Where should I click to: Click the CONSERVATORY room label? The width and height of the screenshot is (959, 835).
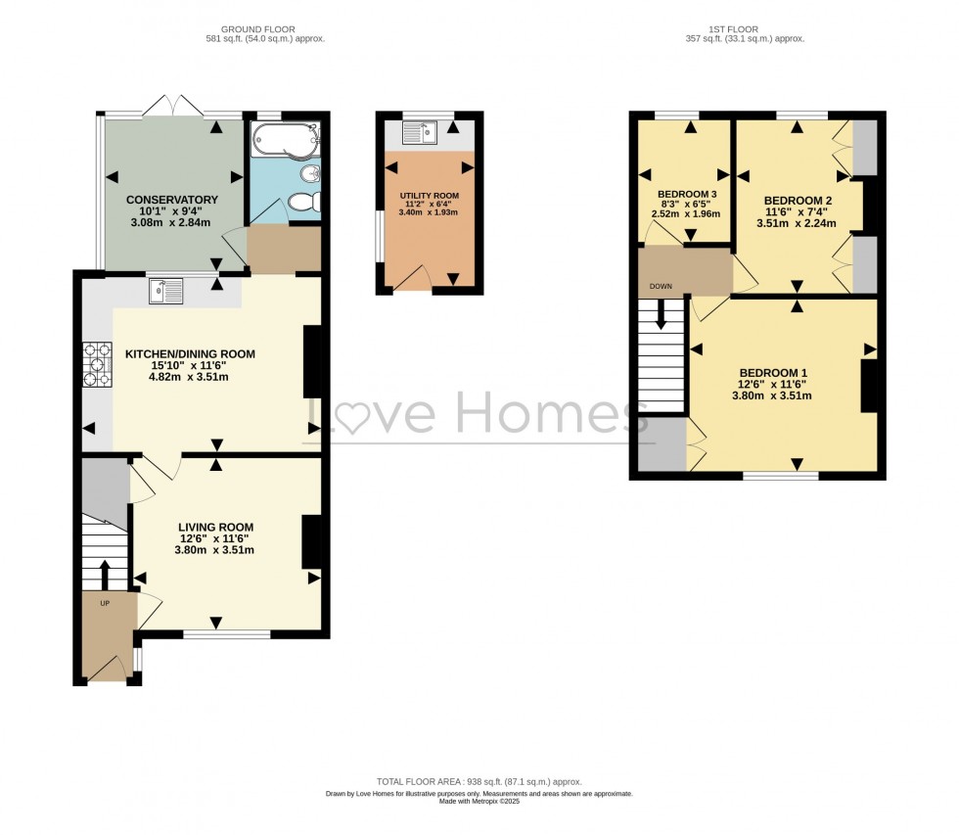click(172, 200)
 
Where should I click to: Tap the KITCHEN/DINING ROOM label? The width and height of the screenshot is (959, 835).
click(189, 354)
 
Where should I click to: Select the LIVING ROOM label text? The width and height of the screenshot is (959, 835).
click(214, 527)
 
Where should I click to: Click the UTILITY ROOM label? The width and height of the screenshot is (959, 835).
click(429, 196)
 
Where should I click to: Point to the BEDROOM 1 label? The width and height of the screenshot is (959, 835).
click(773, 373)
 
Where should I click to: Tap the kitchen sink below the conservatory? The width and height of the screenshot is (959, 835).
click(166, 291)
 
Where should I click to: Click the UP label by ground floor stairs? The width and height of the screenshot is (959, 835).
click(105, 603)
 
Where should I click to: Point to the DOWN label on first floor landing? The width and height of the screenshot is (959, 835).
click(657, 288)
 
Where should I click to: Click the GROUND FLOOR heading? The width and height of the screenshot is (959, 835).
click(257, 29)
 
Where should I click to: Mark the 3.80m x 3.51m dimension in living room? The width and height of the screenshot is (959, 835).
click(214, 550)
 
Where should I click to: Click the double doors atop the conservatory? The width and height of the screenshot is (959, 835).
click(173, 106)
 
